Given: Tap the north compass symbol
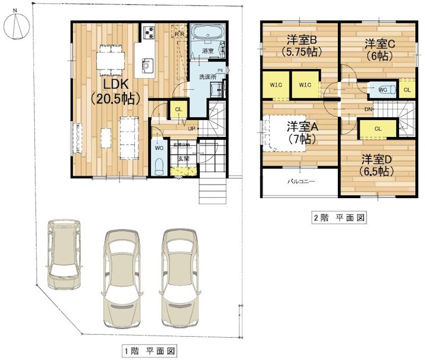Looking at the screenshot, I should (x=16, y=25).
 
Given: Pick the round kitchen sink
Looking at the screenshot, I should (x=146, y=65).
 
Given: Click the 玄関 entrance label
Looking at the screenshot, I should (x=183, y=158).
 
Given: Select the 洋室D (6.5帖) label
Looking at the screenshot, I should (x=378, y=165).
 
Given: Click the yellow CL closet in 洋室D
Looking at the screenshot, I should (x=378, y=128).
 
